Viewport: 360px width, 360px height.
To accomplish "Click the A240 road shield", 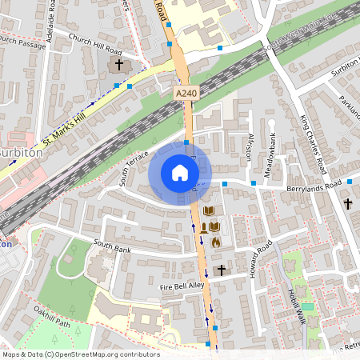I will [x=186, y=94].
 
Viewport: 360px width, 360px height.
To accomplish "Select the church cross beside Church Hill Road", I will [x=119, y=64].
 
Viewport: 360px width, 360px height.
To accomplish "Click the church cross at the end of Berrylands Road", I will [x=347, y=204].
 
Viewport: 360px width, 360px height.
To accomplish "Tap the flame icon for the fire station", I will [x=215, y=240].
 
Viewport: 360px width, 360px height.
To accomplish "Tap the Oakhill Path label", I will [x=53, y=319].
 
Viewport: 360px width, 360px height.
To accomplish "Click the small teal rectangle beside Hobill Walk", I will [x=308, y=306].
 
